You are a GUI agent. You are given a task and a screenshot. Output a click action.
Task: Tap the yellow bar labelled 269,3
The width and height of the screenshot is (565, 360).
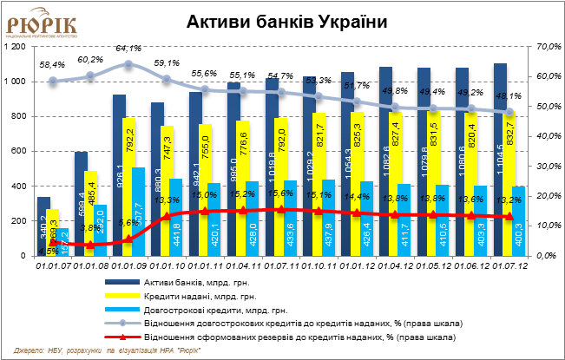coord(52,232)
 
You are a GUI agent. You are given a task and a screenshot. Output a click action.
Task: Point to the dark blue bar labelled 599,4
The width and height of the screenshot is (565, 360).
coord(81,204)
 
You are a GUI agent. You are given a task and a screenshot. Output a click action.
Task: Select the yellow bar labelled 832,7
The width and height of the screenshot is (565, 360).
coord(509,182)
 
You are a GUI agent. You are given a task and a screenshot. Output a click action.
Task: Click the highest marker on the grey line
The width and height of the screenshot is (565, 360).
coord(128,64)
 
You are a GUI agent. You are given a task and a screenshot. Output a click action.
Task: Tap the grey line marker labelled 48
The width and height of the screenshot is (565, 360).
coord(509,112)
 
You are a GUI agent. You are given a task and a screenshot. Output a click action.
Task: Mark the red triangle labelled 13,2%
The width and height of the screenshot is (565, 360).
coord(509,217)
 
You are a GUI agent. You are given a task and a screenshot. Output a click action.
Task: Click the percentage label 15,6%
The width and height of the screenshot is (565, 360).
coord(279,195)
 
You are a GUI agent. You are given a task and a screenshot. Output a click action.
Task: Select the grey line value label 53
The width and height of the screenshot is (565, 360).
coord(309,81)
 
